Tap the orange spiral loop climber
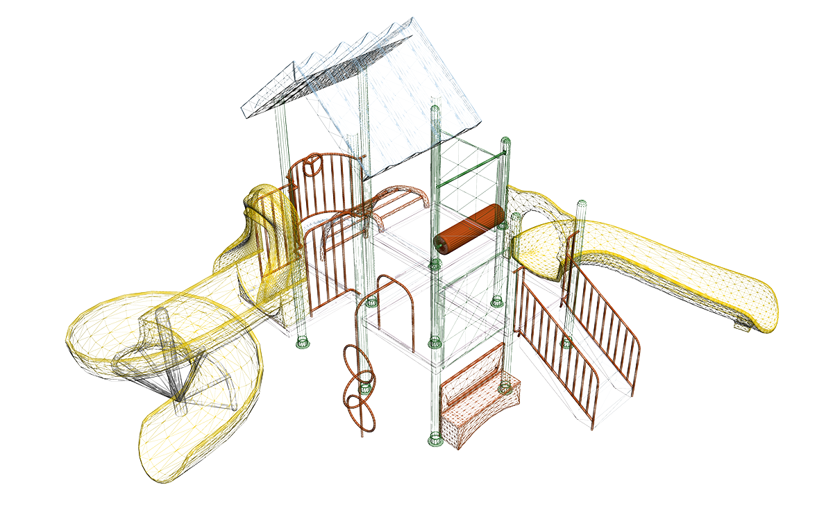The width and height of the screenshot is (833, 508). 360,389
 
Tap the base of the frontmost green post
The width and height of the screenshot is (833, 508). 435,439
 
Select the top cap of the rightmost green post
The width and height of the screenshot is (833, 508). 582,204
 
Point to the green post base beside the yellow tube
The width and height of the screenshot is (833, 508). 301,341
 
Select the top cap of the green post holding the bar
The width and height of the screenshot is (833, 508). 506,142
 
